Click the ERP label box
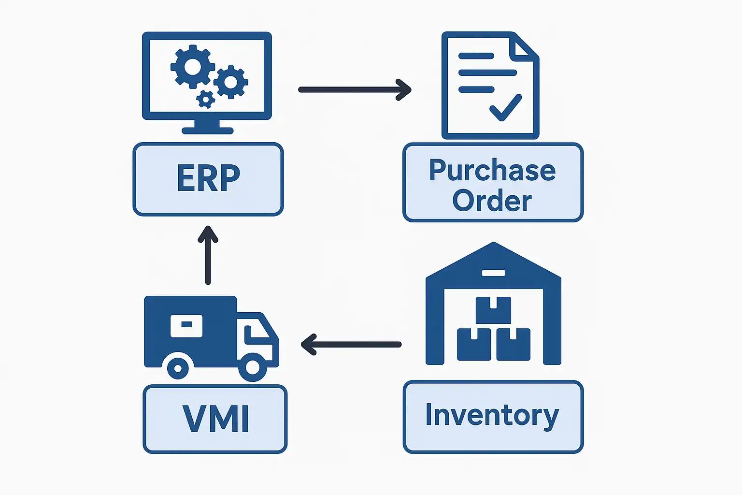(x=208, y=179)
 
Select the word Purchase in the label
(x=492, y=171)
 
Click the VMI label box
(x=215, y=419)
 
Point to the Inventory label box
(x=493, y=417)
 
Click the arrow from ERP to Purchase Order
(x=355, y=89)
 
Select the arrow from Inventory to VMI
(x=351, y=345)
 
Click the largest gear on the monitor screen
(x=192, y=67)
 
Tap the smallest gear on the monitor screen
(x=206, y=99)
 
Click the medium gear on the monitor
(x=231, y=82)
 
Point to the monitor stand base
(x=207, y=131)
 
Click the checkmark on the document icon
(x=505, y=107)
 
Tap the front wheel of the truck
(x=252, y=367)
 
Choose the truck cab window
(x=256, y=334)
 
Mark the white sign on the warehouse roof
(x=493, y=273)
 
